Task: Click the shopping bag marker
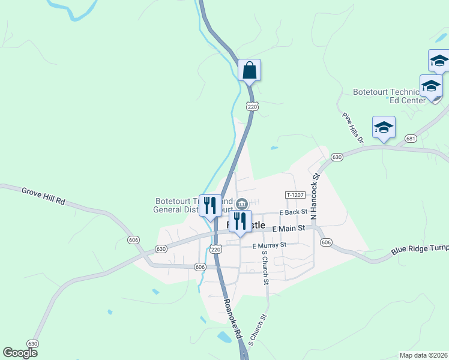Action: click(x=249, y=71)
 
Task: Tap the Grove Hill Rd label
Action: click(x=43, y=196)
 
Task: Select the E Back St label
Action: click(x=294, y=212)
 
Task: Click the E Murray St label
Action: click(x=270, y=245)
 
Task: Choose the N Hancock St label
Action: click(x=315, y=192)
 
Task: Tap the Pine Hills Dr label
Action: click(x=354, y=127)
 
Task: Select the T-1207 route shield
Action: click(x=295, y=195)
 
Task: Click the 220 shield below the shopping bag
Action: click(x=252, y=106)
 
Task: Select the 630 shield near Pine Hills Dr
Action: click(x=337, y=157)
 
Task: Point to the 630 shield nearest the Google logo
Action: click(x=32, y=343)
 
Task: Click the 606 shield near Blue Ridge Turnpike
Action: click(x=326, y=242)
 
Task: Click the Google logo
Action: click(x=20, y=353)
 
